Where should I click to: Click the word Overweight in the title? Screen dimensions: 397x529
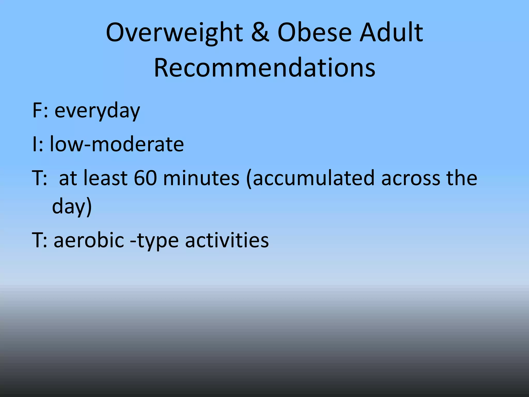tap(174, 33)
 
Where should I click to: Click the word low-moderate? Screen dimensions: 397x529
tap(117, 144)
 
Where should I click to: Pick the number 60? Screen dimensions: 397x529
tap(145, 178)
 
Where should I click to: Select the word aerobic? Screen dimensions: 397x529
tap(89, 240)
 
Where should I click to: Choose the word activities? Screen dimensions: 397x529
tap(227, 240)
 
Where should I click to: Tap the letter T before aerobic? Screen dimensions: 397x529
tap(38, 240)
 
